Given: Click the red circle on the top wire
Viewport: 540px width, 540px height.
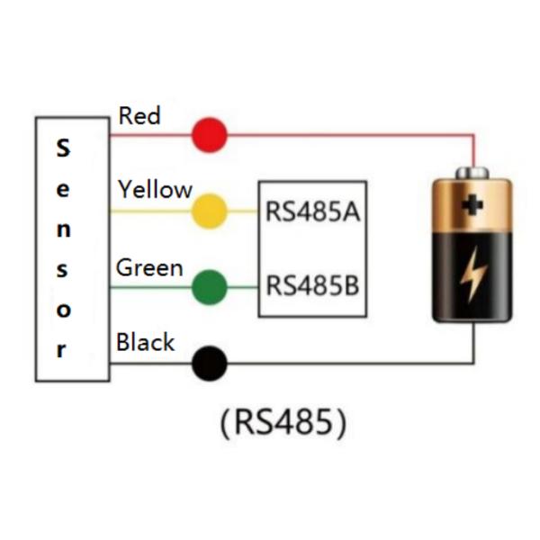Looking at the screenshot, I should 209,135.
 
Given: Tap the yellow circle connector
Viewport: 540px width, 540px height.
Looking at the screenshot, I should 210,211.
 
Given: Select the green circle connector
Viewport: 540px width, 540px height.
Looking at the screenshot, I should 210,288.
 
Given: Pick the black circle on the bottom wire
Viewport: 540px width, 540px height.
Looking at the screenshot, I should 210,364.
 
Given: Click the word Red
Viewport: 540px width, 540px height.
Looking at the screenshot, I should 139,116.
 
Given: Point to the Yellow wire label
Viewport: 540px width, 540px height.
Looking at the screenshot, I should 155,190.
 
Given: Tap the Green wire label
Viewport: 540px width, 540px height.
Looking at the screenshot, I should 149,267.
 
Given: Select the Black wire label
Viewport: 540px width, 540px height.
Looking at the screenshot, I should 146,343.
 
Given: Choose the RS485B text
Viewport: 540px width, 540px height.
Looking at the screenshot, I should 312,286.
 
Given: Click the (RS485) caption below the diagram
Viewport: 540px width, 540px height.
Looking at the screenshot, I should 282,423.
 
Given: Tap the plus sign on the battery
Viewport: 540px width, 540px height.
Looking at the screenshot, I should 472,205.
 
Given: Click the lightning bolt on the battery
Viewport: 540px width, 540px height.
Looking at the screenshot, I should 472,275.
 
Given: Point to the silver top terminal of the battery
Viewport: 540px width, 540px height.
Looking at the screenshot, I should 472,172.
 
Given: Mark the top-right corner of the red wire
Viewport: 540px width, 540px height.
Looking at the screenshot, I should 473,136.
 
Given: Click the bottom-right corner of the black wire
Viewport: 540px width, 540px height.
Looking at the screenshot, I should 473,364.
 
